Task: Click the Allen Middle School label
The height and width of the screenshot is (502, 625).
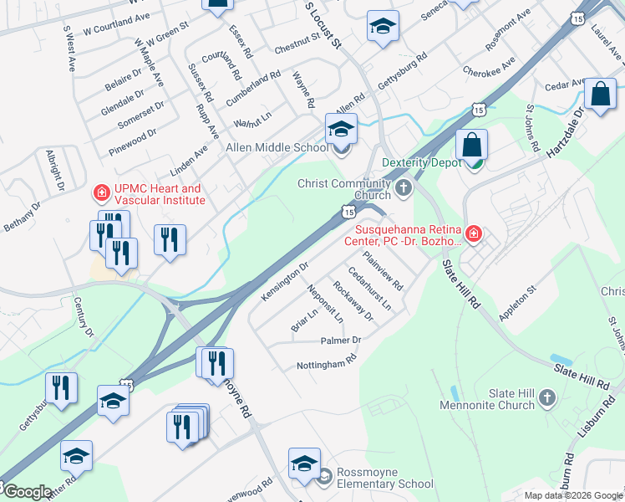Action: click(267, 148)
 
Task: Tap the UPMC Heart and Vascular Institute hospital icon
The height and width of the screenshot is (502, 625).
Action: click(101, 194)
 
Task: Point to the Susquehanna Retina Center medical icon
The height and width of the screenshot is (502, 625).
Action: click(473, 233)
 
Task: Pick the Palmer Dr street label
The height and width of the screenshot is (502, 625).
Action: click(341, 341)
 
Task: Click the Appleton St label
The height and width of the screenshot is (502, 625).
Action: click(517, 297)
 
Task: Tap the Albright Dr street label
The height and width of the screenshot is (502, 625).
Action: click(55, 171)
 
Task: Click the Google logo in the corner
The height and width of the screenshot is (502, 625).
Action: click(27, 492)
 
